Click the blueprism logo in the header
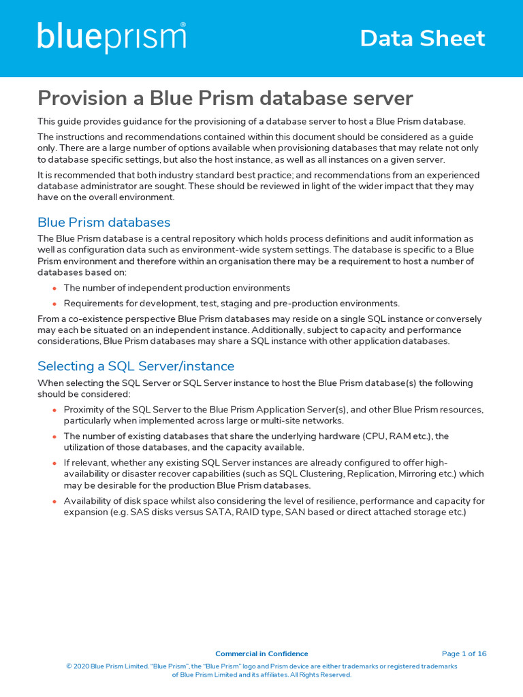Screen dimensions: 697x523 tap(112, 37)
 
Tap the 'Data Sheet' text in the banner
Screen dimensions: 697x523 tap(422, 38)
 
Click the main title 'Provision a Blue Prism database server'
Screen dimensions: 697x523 tap(225, 98)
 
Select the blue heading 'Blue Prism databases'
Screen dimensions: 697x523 tap(104, 223)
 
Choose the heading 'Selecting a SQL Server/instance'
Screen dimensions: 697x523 tap(136, 366)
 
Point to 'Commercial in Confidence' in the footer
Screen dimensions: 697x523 tap(261, 653)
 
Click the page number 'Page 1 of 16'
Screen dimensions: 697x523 tap(464, 653)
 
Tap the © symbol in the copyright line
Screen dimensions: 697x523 tap(69, 666)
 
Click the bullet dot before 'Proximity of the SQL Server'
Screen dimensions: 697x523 tap(54, 410)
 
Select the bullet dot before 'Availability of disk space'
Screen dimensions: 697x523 tap(54, 502)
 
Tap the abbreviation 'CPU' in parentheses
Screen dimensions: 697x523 tap(375, 436)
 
